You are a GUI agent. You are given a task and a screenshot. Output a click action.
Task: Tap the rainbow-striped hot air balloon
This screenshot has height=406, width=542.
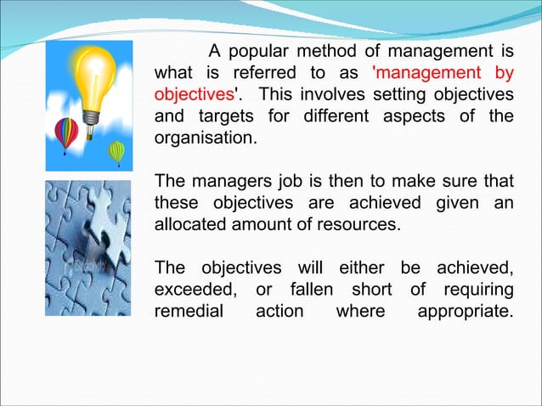point(65,132)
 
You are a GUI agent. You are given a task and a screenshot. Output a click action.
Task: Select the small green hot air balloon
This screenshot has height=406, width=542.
point(116,152)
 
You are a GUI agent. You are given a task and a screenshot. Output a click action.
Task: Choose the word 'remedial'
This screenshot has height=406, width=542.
point(189,313)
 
